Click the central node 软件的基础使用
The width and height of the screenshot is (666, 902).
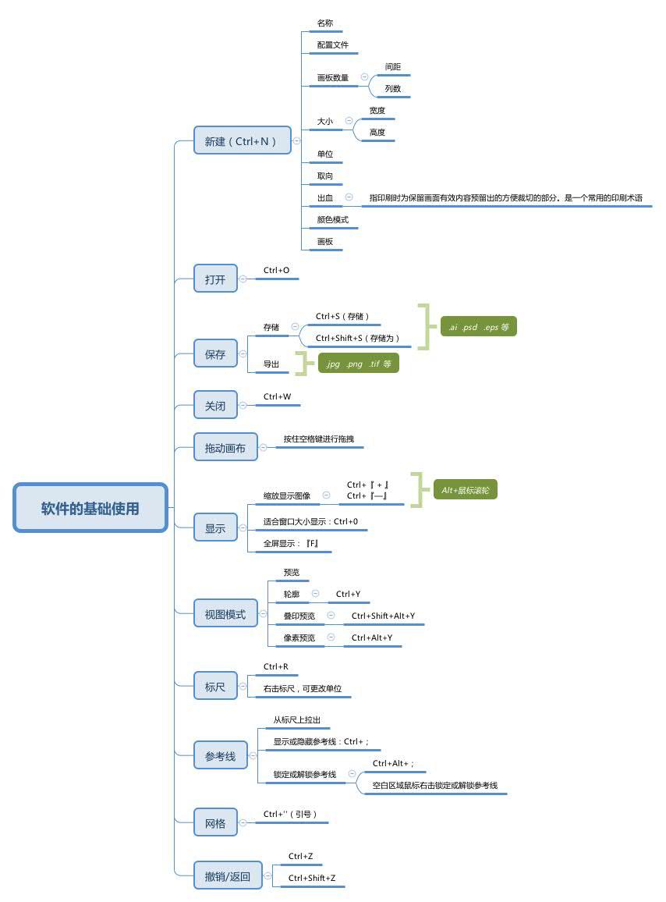[90, 508]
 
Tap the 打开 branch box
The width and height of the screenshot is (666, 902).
[215, 279]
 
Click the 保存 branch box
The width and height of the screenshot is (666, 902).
[215, 354]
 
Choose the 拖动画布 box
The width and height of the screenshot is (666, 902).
[225, 448]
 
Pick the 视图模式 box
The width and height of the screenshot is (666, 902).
[225, 614]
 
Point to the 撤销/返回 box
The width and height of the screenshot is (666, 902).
[228, 876]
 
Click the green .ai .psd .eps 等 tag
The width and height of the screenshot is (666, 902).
[478, 327]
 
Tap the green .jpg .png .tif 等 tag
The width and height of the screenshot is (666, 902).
[358, 364]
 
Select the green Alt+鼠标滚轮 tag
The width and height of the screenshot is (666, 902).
[465, 490]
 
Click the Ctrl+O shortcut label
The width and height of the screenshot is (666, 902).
[276, 271]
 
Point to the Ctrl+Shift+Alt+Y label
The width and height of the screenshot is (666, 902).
[383, 616]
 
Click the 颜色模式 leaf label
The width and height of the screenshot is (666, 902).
[333, 220]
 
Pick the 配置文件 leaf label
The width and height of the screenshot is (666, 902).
[333, 45]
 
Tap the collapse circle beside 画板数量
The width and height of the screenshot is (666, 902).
[364, 77]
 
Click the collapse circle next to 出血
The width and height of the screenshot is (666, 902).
[349, 197]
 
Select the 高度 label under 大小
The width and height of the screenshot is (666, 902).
[377, 133]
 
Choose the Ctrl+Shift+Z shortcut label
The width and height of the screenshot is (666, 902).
[312, 878]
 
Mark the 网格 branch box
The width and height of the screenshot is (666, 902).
[215, 823]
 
